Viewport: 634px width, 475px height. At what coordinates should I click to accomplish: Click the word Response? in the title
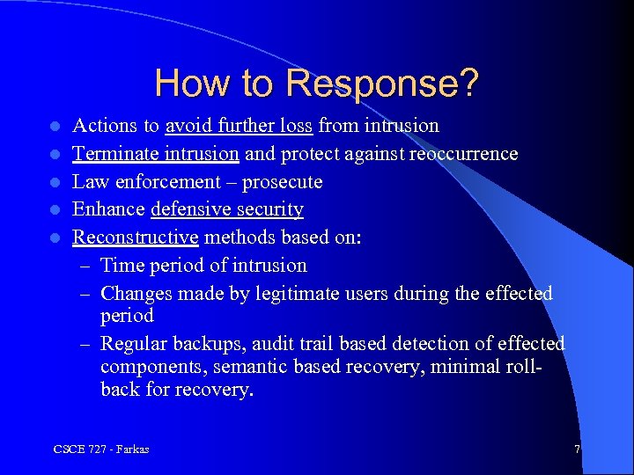tap(383, 84)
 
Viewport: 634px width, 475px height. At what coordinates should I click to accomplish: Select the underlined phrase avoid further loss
tap(239, 126)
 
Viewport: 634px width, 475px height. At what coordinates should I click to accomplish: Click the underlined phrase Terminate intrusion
tap(156, 154)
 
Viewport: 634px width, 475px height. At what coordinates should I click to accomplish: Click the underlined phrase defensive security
tap(227, 210)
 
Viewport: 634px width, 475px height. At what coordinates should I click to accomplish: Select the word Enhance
tap(109, 210)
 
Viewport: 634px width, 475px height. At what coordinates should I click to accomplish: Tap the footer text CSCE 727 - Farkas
tap(100, 449)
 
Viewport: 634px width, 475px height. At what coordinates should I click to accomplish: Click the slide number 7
tap(577, 449)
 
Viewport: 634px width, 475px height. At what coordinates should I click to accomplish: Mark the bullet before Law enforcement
tap(55, 182)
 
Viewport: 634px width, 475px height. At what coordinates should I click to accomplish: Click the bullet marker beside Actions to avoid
tap(55, 127)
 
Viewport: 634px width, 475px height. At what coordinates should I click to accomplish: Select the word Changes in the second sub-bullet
tap(137, 293)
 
